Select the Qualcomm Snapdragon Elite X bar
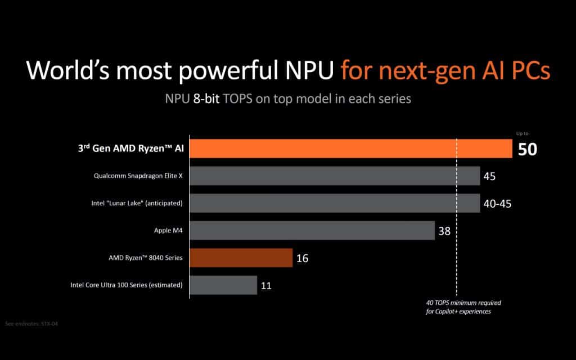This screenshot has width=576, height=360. point(335,176)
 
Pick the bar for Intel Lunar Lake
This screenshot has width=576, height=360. point(335,203)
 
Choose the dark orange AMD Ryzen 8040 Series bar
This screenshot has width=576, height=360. point(241,258)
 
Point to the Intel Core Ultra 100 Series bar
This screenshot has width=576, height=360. point(224,285)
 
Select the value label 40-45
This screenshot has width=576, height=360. point(497,204)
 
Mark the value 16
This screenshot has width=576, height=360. point(302,259)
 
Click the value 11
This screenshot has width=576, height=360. point(266,286)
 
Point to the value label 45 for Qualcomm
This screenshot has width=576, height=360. point(489,177)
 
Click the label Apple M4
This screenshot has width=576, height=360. point(168,231)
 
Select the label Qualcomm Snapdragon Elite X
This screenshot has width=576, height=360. point(138,176)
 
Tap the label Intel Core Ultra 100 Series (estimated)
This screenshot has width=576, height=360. point(127,285)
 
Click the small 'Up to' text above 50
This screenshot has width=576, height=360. point(523,134)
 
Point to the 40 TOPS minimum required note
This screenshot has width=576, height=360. point(463,307)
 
